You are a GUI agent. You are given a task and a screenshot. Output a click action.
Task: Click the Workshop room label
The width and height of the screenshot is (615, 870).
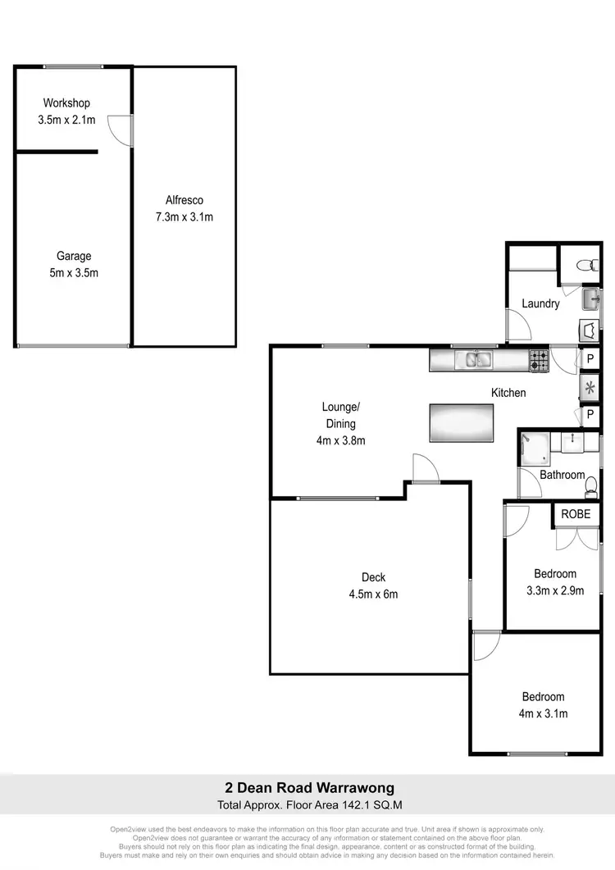66,103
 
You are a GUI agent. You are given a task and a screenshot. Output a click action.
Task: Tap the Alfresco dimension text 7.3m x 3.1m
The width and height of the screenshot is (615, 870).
184,217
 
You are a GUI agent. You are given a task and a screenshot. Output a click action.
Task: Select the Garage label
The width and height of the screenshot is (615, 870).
74,256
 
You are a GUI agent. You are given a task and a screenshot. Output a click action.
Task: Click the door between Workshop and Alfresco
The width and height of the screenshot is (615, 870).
123,130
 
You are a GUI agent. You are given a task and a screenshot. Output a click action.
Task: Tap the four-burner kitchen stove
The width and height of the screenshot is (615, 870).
539,359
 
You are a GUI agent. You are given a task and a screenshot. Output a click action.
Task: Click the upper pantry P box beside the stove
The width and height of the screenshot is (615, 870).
590,360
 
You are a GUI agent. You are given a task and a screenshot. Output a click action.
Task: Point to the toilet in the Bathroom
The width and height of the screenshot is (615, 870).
590,489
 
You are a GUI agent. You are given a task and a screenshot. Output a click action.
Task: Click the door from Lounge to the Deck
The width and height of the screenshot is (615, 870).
425,470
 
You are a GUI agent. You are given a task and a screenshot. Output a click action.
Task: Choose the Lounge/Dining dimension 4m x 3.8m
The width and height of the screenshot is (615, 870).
340,440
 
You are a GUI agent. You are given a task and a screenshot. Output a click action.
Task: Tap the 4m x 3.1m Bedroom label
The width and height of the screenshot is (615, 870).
544,713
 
